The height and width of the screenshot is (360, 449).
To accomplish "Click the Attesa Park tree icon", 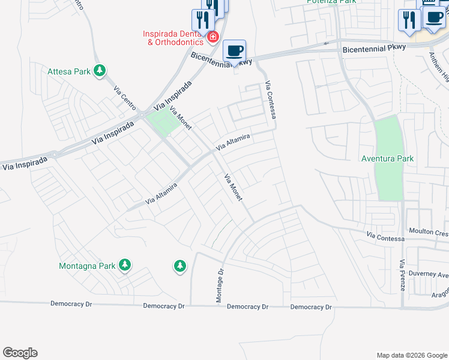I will coord(100,71).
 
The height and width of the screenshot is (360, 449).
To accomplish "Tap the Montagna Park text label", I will coord(86,265).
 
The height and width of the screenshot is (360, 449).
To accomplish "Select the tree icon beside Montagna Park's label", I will coord(124,265).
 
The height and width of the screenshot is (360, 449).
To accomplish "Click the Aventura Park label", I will coord(387,158).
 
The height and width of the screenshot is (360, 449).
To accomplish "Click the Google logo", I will coord(20,353).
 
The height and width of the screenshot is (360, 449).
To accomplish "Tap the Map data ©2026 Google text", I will coord(411,355).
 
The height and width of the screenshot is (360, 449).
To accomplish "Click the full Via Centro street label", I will coord(124,96).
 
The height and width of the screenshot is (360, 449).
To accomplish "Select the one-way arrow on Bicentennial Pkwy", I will coord(327,43).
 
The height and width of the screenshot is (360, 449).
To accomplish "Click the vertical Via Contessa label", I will coord(271,98).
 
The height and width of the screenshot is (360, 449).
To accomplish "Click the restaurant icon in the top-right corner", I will coord(409,20).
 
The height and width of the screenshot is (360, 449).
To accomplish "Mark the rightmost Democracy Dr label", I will coord(311,307).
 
